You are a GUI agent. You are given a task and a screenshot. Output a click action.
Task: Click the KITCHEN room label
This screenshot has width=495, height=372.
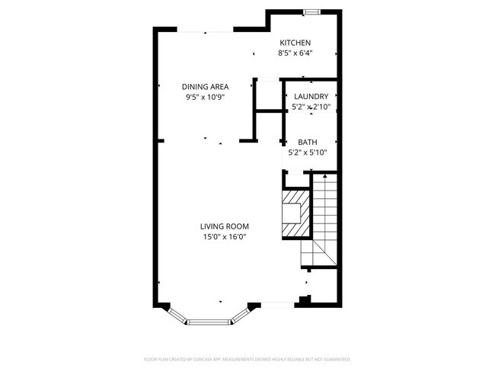point(295,43)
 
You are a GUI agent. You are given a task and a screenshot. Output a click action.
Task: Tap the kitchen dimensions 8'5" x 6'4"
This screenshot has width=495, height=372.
point(295,53)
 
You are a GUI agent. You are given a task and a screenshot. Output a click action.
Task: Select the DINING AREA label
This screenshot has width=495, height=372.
point(205,87)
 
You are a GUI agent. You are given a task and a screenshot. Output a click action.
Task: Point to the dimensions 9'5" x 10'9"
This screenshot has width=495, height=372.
point(205,98)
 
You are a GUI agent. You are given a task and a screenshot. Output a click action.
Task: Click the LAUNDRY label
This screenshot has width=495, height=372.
point(311,97)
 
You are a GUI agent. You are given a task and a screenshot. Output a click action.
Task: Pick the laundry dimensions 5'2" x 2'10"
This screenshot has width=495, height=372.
point(311,107)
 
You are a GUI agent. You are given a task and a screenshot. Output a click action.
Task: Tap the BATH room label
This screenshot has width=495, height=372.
point(308,142)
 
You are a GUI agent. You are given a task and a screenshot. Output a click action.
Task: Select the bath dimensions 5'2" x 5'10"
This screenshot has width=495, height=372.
point(308,152)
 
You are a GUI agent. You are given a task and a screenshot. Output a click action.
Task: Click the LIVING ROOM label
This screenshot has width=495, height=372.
point(225,226)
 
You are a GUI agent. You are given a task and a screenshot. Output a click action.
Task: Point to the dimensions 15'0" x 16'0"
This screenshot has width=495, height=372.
point(225,237)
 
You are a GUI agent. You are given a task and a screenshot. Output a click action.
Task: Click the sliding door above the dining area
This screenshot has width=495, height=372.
point(205,30)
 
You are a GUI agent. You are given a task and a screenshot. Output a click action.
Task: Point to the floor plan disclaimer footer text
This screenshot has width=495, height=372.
point(247,358)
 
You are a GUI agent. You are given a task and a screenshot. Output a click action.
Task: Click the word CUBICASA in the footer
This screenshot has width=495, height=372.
point(212,358)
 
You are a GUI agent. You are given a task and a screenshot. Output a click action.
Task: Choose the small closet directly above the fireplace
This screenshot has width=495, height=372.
point(294,181)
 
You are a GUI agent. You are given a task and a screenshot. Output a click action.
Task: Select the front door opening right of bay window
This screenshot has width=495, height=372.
point(278,306)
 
